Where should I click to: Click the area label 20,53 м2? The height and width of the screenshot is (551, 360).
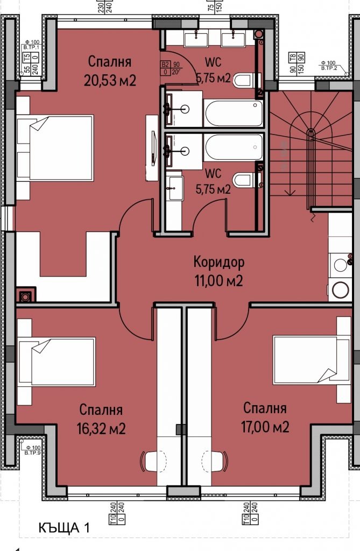pyautogui.click(x=110, y=80)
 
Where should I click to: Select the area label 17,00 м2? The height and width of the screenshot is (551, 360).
pyautogui.click(x=265, y=427)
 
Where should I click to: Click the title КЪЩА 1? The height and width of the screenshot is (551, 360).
pyautogui.click(x=64, y=528)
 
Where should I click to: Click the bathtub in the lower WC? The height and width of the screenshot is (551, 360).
pyautogui.click(x=234, y=147)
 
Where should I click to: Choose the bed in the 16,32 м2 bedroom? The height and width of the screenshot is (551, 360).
pyautogui.click(x=57, y=361)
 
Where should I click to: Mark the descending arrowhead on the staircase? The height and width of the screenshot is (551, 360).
pyautogui.click(x=290, y=190)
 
